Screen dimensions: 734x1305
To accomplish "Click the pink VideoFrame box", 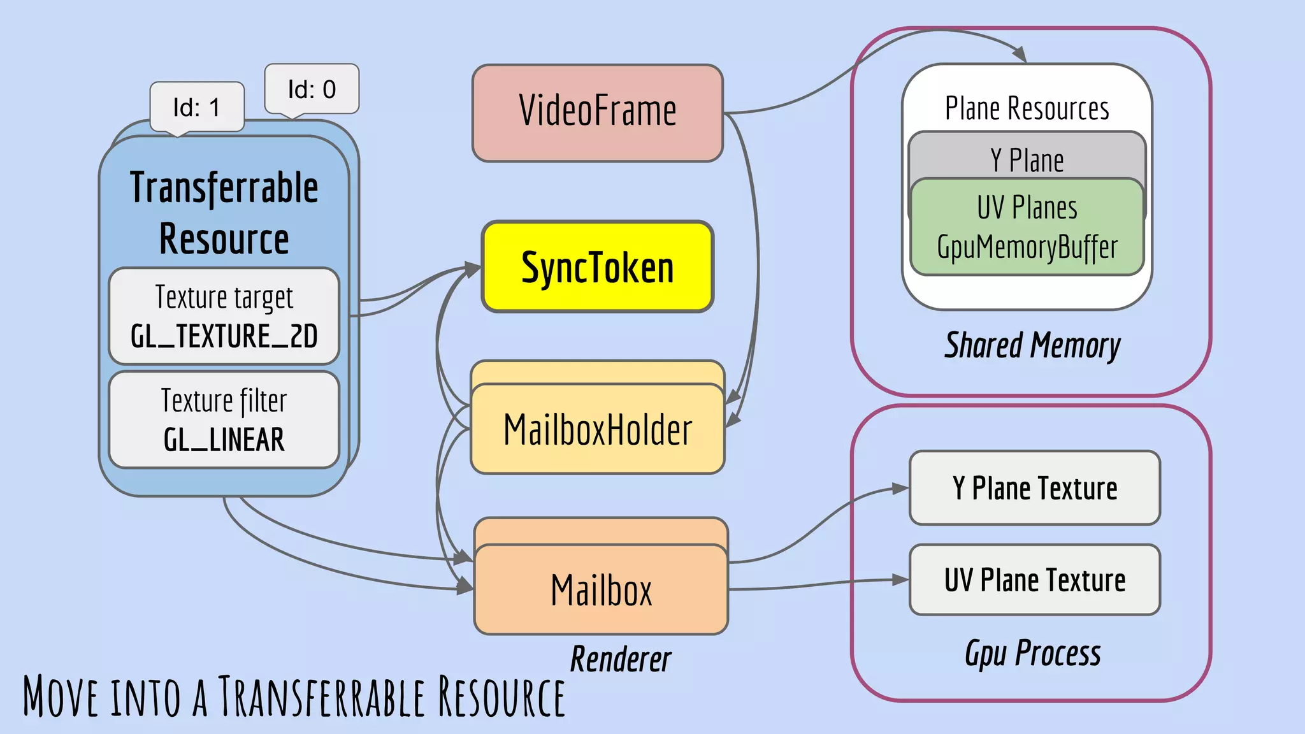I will click(597, 113).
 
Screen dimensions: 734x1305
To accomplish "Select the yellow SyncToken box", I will click(597, 267).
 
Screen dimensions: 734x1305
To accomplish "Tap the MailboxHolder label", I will click(597, 429).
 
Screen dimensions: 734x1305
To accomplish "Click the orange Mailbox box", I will click(601, 590).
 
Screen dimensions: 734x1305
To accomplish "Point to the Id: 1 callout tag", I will click(197, 107).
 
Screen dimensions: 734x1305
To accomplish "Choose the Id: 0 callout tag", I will click(312, 89).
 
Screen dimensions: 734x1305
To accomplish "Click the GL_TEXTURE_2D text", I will click(224, 336).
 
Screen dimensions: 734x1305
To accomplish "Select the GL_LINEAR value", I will click(224, 440).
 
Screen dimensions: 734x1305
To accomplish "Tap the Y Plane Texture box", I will click(1034, 488).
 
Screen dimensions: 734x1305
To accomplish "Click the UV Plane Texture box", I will click(1034, 580).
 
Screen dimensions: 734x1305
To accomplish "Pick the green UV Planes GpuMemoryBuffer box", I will click(1027, 228).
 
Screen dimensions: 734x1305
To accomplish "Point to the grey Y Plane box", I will click(1027, 159).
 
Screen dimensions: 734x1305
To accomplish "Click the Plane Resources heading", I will click(1027, 108).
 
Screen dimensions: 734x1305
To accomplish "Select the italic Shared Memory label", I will click(1032, 346).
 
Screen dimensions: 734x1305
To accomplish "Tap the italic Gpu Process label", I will click(1032, 654).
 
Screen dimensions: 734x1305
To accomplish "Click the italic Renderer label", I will click(620, 659).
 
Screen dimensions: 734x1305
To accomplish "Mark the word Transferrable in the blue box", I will click(224, 188).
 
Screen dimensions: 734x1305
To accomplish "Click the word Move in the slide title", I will click(61, 697).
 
